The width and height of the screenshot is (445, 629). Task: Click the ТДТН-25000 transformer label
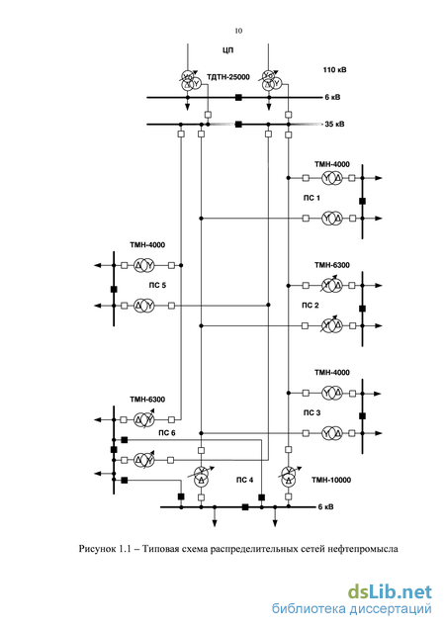tap(228, 77)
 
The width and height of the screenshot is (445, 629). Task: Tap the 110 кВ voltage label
tap(334, 70)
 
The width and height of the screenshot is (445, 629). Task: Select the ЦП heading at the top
tap(227, 50)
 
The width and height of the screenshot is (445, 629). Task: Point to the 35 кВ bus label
tap(334, 124)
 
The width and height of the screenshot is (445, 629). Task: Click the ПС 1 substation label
tap(311, 198)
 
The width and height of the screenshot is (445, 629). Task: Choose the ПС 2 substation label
tap(311, 306)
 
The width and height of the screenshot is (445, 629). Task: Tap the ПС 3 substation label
tap(311, 412)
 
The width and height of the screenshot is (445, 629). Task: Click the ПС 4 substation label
tap(245, 480)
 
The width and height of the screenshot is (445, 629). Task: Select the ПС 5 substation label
tap(157, 285)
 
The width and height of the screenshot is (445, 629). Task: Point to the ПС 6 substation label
tap(167, 433)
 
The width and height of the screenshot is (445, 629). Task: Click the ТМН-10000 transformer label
tap(331, 480)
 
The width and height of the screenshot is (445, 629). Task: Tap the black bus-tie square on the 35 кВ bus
tap(238, 125)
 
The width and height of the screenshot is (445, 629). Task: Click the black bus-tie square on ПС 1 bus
tap(362, 201)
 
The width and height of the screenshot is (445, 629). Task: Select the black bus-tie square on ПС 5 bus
tap(114, 289)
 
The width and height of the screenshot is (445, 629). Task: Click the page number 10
tap(238, 31)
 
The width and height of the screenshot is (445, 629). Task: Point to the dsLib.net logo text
tap(390, 592)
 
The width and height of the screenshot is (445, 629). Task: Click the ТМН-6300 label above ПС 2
tap(332, 265)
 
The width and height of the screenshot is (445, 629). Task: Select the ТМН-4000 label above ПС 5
tap(147, 245)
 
